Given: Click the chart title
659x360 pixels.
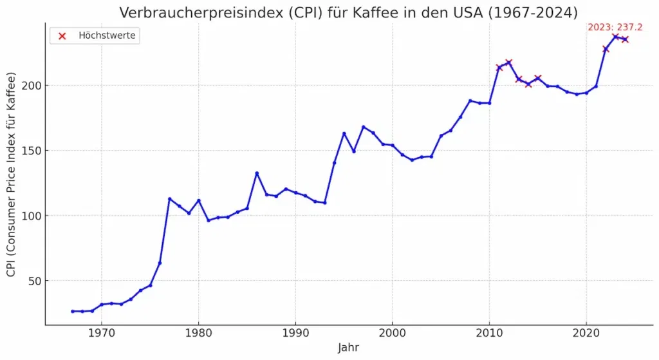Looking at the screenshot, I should click(x=348, y=12).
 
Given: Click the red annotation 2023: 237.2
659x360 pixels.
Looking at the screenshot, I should click(x=615, y=27).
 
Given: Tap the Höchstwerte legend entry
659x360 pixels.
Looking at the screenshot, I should click(x=107, y=35).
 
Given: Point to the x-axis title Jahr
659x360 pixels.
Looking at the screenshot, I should click(x=348, y=347).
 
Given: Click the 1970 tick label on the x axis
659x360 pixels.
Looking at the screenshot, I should click(x=101, y=334).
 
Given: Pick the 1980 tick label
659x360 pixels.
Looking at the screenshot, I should click(x=198, y=334).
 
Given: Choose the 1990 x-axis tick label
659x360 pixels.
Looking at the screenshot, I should click(x=295, y=334).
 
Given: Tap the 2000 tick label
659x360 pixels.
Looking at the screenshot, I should click(x=392, y=334).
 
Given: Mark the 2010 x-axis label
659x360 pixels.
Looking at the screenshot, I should click(x=489, y=334).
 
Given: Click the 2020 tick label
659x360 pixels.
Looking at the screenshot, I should click(x=586, y=334).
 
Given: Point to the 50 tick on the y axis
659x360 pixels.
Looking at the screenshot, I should click(x=32, y=281).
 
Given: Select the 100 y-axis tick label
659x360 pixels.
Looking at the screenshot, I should click(x=30, y=216).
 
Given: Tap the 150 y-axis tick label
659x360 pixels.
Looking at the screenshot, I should click(x=30, y=151).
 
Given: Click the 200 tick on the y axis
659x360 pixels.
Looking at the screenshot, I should click(x=30, y=86).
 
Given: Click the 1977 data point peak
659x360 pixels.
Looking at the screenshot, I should click(x=169, y=199).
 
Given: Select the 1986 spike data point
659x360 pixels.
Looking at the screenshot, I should click(x=257, y=173).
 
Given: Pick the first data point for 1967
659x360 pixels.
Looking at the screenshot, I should click(x=72, y=311).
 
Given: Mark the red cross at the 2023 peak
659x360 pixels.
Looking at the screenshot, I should click(x=615, y=37).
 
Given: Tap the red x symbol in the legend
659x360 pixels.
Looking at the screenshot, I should click(x=62, y=36).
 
